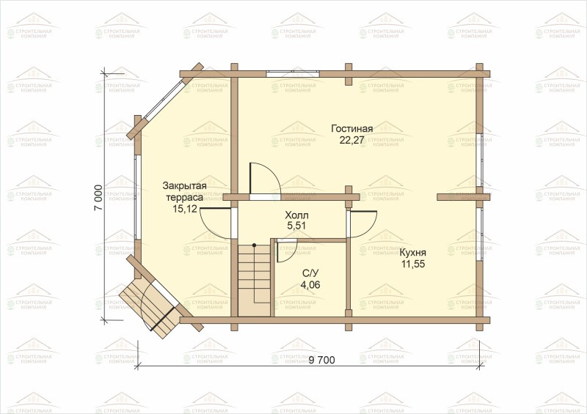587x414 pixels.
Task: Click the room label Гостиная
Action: pos(352,129)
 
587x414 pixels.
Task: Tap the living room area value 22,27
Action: pos(352,140)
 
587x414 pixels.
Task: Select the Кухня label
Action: pos(413,253)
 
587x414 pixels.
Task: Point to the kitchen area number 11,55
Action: pos(413,264)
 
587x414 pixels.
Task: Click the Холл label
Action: pos(296,215)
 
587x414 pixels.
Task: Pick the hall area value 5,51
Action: pos(296,226)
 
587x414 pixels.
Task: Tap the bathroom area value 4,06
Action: pos(310,284)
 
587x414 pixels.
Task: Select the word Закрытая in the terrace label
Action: pos(185,186)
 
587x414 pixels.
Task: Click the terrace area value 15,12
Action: pos(185,209)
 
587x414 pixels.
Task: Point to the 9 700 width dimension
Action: pos(322,361)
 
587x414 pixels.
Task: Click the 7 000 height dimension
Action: pos(98,198)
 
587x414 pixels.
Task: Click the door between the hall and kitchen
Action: pos(361,224)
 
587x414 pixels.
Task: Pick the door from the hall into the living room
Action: pos(263,179)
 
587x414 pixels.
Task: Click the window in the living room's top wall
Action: pos(293,73)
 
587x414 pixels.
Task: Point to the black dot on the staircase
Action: pos(254,245)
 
